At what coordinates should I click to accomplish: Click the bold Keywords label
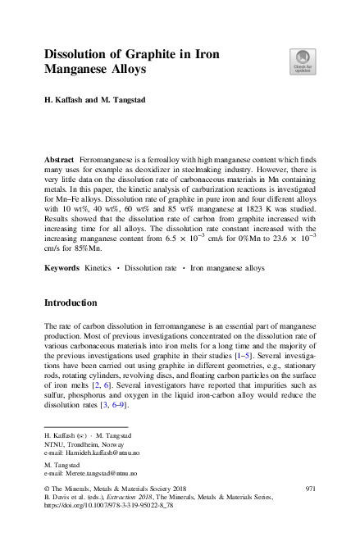pos(62,267)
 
